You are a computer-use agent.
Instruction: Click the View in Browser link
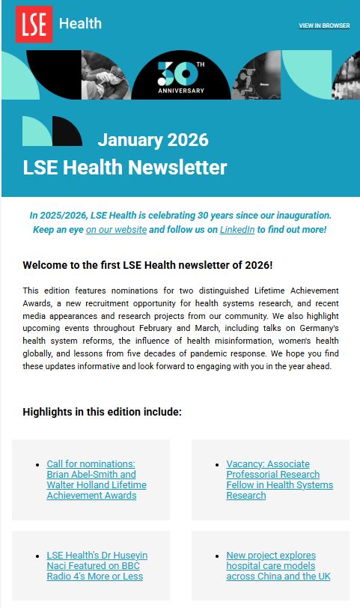pos(324,25)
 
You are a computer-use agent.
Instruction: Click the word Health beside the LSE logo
pos(80,23)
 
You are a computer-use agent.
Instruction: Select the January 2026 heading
pos(153,140)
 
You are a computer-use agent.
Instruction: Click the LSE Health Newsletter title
pos(124,167)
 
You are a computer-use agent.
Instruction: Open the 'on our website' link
pos(116,229)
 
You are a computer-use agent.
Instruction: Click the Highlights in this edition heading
pos(102,412)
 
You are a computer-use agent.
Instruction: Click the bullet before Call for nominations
pos(37,465)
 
